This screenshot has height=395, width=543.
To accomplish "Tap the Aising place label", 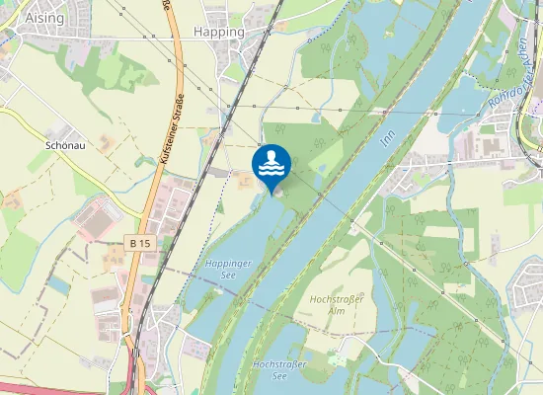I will pyautogui.click(x=19, y=18).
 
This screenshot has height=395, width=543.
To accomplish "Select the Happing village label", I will pyautogui.click(x=219, y=32).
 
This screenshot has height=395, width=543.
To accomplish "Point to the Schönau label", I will pyautogui.click(x=64, y=143).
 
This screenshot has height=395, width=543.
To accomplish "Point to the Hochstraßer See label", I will pyautogui.click(x=281, y=370).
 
